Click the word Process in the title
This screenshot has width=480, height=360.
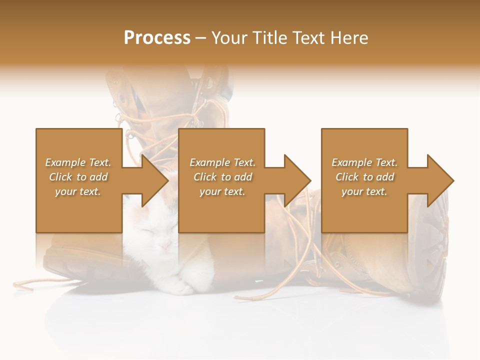point(157,37)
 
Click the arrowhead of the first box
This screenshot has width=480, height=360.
point(155,180)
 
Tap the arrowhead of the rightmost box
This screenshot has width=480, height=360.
point(440,180)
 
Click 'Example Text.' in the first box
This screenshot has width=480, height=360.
point(78,162)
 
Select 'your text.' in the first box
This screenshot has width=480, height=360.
point(78,191)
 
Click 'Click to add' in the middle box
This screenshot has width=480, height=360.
point(222,177)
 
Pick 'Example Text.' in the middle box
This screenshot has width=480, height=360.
point(222,162)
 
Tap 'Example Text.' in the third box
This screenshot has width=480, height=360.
point(364,162)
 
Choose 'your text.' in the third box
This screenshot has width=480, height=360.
point(364,191)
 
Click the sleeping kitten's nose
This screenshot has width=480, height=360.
point(162,245)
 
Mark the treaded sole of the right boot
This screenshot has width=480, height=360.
point(440,250)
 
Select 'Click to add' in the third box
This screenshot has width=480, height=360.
point(364,177)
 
